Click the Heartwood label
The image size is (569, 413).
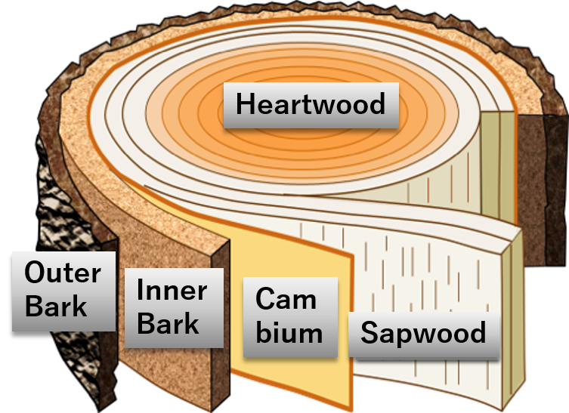pos(311,104)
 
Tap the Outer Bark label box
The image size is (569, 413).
pos(64,291)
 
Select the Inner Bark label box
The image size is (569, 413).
pos(174,308)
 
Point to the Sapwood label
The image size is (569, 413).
pos(424,333)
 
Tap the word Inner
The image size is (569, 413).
pos(172,291)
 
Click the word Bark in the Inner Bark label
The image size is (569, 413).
pos(169,325)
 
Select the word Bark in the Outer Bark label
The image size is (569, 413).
pos(56,307)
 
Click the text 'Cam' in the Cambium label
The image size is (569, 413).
pos(286,299)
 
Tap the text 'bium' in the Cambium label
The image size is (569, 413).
pos(289,333)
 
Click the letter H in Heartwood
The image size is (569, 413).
pos(245,104)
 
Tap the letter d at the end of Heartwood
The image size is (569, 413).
pos(376,104)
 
